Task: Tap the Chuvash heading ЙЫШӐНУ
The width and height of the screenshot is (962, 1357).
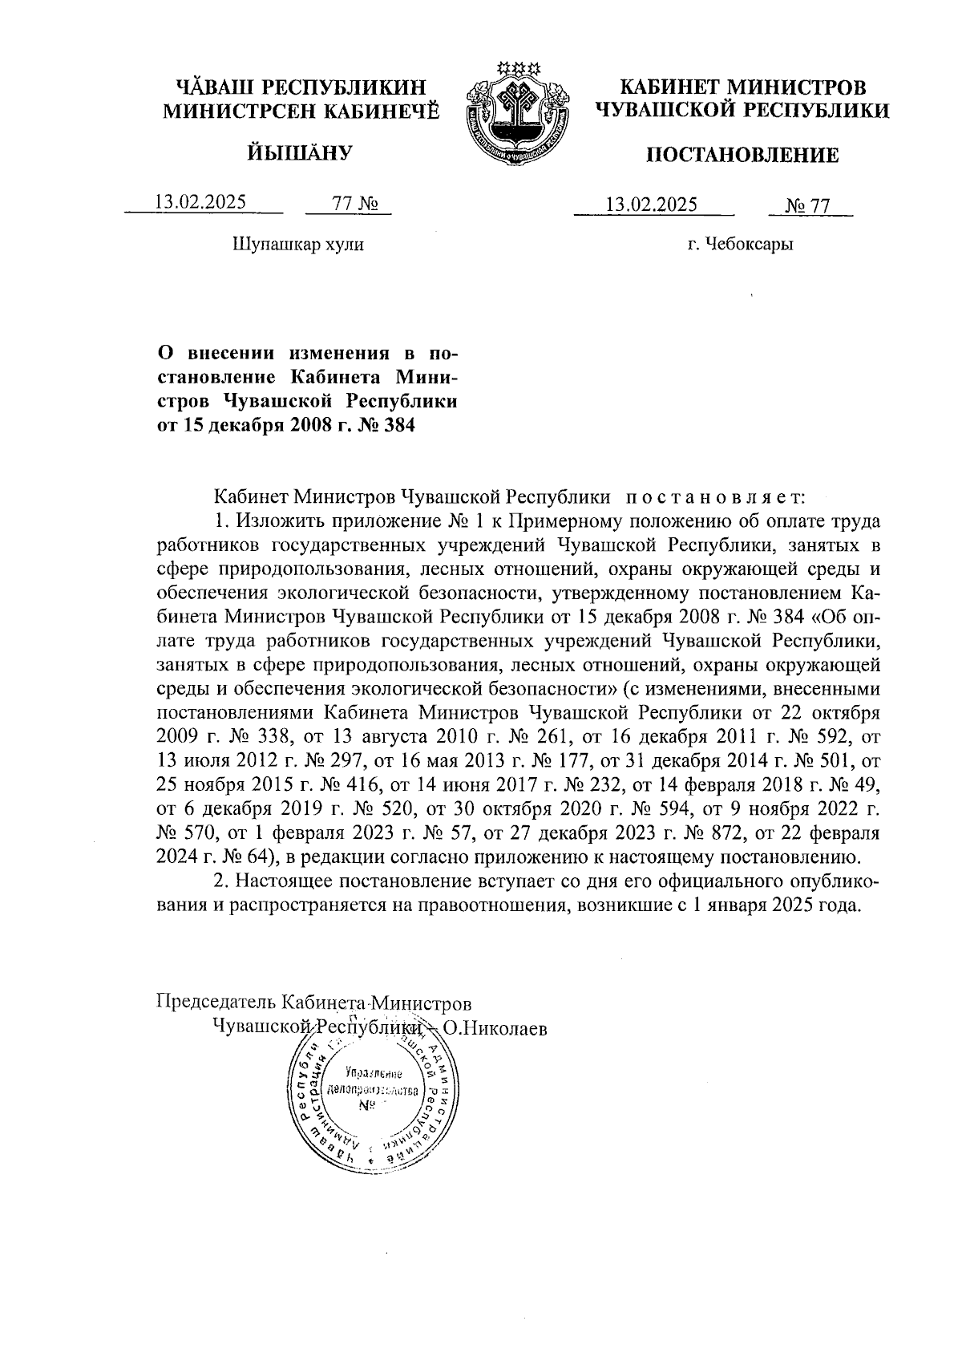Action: coord(299,151)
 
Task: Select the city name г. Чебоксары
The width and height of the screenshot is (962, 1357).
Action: coord(740,244)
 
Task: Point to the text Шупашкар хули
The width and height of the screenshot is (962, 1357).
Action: coord(297,244)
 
